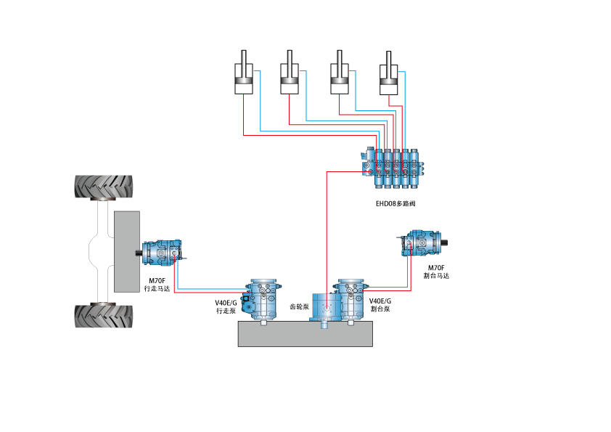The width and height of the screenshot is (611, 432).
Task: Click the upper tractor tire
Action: (x=104, y=188)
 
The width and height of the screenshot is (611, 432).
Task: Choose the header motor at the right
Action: (x=422, y=245)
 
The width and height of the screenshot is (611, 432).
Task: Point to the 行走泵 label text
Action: (x=226, y=307)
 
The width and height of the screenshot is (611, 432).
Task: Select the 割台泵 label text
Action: (x=380, y=305)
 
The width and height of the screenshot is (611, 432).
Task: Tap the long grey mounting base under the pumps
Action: (x=305, y=334)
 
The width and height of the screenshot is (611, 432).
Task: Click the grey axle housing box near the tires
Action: (x=126, y=251)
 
